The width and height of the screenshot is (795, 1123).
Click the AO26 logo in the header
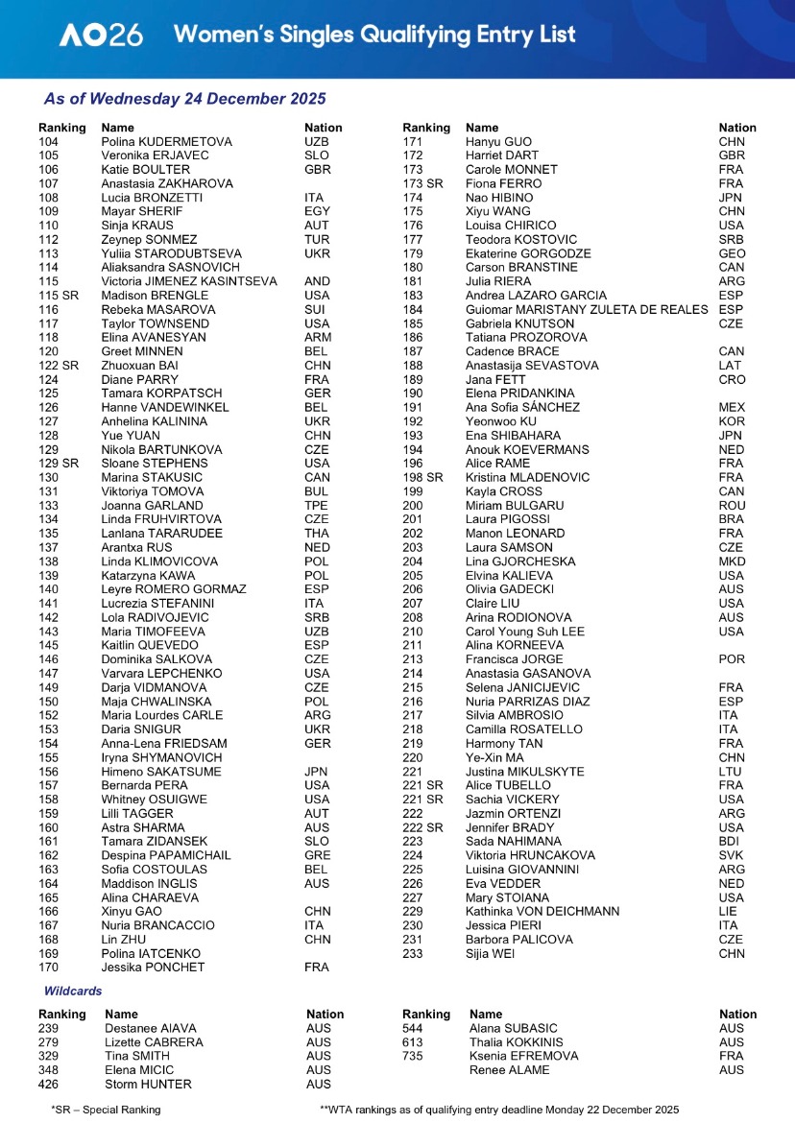(x=101, y=36)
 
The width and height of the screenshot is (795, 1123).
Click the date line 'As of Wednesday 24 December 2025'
(x=184, y=99)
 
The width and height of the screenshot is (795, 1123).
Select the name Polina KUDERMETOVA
(x=166, y=142)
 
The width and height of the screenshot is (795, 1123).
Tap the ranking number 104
(x=48, y=142)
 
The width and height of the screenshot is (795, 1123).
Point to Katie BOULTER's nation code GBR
(x=317, y=170)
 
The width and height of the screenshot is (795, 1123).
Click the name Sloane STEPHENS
(x=153, y=464)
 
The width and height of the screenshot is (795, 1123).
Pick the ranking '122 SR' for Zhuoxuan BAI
(x=59, y=366)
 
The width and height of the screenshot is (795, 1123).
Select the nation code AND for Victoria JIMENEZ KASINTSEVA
(x=317, y=281)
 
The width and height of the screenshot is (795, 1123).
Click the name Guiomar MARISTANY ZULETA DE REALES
(x=587, y=310)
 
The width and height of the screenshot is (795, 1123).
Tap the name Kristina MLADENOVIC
(x=524, y=477)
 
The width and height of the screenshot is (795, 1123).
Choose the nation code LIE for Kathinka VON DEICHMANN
(x=729, y=911)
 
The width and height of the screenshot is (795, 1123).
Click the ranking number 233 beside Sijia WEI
(x=413, y=953)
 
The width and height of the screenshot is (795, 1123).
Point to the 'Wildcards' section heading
(x=73, y=990)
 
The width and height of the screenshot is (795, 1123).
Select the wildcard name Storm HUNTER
(x=148, y=1084)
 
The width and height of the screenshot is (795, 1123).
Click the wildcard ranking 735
(x=413, y=1056)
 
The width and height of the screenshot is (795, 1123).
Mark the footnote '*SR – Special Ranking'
(x=106, y=1109)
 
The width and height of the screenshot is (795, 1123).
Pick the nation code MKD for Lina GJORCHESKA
(x=732, y=561)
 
